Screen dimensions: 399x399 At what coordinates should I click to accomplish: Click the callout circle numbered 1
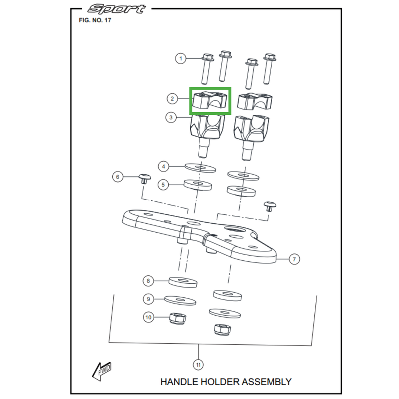181,59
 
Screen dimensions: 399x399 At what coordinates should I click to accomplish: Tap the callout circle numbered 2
172,98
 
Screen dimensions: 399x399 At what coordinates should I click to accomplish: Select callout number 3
171,117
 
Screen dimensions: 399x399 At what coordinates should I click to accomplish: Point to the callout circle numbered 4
164,167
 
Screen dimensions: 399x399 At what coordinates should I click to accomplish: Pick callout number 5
163,184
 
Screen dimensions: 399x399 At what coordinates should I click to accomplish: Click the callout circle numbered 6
118,177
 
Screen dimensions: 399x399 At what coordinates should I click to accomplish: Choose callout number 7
294,259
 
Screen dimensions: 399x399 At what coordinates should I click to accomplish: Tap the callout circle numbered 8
148,281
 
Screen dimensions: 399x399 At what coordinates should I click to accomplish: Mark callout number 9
148,299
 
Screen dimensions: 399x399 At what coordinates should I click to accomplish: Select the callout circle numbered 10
148,317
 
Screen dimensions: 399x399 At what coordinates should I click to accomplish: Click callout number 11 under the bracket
198,365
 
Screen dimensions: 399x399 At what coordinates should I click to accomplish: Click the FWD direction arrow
102,371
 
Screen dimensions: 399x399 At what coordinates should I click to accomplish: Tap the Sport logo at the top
116,9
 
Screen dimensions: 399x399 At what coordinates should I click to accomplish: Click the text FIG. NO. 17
95,20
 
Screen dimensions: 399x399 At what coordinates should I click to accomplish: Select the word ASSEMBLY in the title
266,382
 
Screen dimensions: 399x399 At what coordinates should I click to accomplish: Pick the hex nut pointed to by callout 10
178,319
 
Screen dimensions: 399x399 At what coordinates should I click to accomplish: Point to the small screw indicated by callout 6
145,179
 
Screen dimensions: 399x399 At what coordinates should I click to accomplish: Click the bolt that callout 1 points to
207,69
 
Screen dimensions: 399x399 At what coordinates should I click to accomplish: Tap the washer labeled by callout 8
183,282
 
